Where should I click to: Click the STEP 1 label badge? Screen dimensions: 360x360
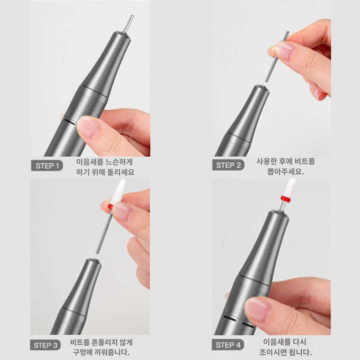click(47, 166)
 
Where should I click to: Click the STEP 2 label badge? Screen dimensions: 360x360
click(228, 165)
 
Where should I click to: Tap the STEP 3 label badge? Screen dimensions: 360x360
click(45, 345)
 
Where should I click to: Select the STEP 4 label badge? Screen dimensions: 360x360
click(228, 345)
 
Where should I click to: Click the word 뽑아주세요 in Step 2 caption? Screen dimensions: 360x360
click(286, 171)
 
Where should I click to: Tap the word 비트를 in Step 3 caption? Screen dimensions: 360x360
click(80, 342)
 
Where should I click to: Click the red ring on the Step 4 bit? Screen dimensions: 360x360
click(286, 198)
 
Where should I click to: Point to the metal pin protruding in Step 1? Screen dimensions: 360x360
click(128, 24)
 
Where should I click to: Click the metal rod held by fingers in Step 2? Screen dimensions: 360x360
click(277, 56)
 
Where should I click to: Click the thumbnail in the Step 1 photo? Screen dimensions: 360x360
click(88, 126)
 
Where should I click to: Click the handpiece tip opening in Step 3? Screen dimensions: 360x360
click(93, 260)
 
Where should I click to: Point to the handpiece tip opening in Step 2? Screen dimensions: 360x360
click(261, 87)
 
